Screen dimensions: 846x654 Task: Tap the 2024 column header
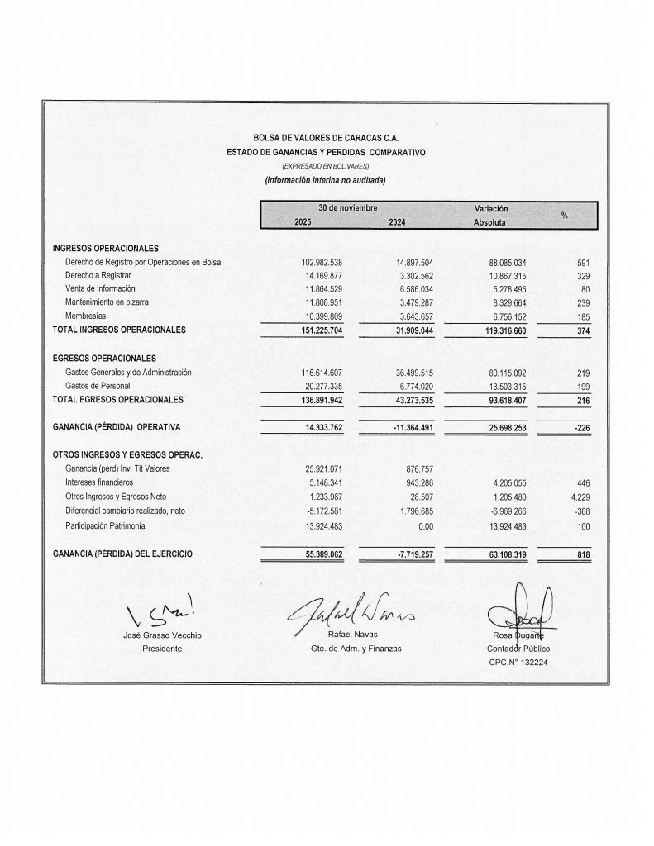click(x=397, y=222)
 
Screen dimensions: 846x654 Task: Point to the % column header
click(x=565, y=215)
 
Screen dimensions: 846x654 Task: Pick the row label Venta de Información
click(x=100, y=289)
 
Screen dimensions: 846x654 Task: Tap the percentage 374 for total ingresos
click(x=583, y=330)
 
